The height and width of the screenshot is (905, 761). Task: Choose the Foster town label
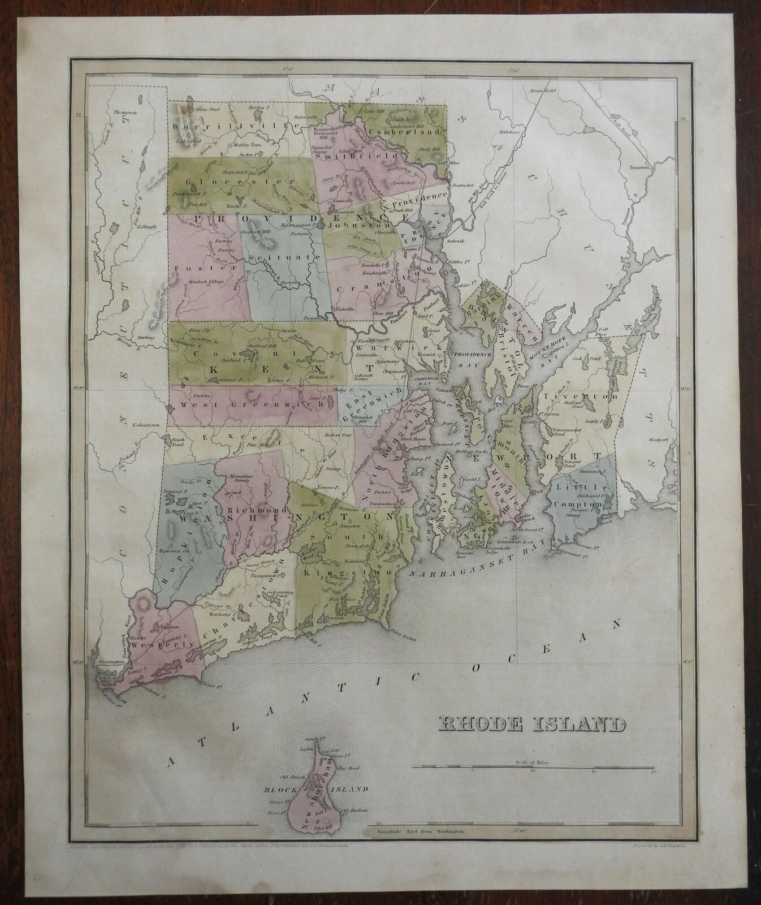[188, 266]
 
